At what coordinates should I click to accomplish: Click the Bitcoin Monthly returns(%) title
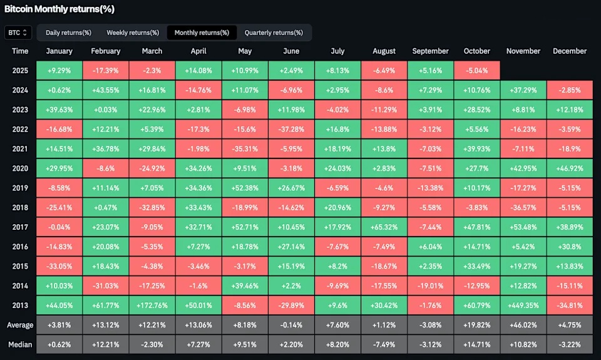[59, 9]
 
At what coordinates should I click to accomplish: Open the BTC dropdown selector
[18, 33]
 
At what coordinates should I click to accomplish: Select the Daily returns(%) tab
[69, 33]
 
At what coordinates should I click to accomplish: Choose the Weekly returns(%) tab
[133, 33]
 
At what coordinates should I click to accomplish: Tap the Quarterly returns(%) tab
[274, 33]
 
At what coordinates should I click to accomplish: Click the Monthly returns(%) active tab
[202, 33]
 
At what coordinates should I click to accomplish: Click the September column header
[431, 51]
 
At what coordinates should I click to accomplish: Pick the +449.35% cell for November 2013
[523, 304]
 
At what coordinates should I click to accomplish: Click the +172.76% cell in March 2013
[152, 304]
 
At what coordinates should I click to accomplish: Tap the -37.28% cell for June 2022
[291, 129]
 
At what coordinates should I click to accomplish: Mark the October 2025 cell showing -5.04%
[476, 71]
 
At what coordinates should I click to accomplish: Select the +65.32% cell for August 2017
[384, 227]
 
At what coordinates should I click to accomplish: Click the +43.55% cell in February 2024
[105, 90]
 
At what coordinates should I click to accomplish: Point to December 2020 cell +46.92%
[570, 168]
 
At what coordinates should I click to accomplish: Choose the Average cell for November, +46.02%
[523, 324]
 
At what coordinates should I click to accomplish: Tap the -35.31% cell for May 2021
[245, 148]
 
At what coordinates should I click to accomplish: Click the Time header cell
[20, 51]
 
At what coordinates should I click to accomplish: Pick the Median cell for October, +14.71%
[476, 343]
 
